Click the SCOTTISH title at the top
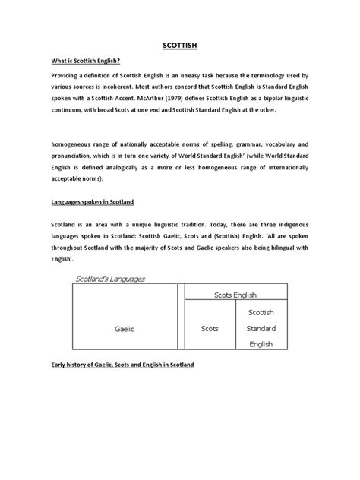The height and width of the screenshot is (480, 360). (179, 46)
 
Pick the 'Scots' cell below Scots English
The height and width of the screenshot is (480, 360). (209, 329)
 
